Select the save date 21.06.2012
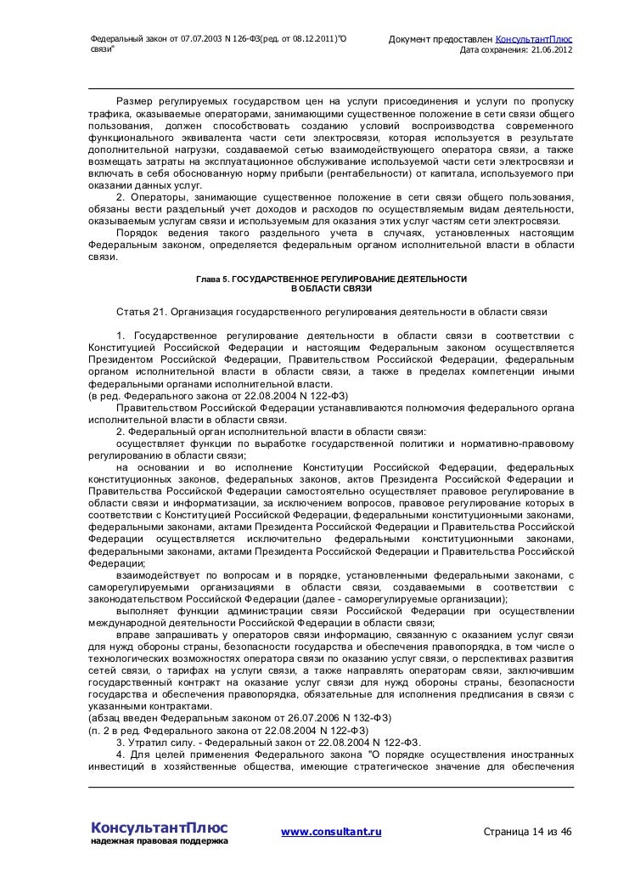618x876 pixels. pos(549,52)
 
